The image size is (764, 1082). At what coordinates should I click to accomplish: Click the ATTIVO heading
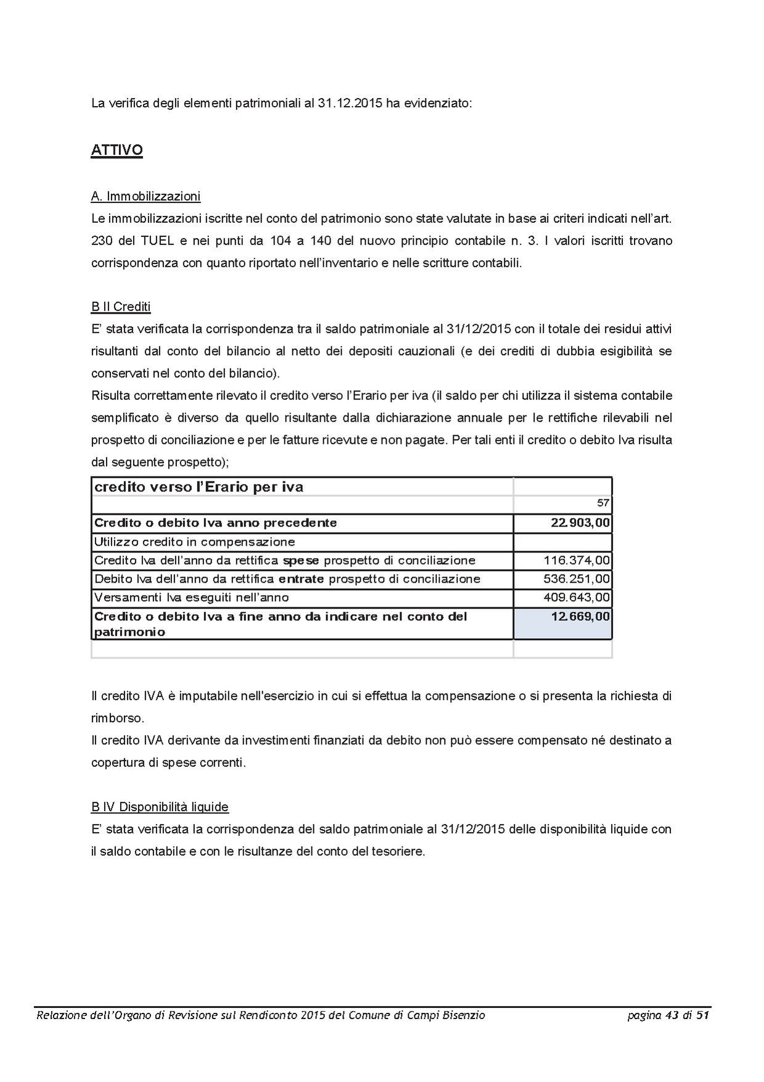tap(117, 150)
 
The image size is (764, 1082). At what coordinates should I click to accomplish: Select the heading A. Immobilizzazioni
tap(146, 196)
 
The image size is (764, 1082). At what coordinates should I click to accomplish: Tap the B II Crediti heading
tap(121, 307)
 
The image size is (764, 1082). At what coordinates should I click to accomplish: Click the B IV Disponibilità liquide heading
tap(160, 807)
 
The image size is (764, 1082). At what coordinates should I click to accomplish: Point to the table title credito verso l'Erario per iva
tap(199, 487)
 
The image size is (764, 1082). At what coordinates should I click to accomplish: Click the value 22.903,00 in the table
tap(580, 523)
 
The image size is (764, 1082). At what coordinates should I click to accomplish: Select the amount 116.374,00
tap(577, 560)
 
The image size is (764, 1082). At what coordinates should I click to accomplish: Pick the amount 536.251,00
tap(577, 579)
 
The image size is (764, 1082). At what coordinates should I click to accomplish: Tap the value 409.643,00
tap(577, 597)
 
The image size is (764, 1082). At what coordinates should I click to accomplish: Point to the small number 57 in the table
tap(603, 503)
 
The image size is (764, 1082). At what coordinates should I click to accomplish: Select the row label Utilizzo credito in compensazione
tap(194, 542)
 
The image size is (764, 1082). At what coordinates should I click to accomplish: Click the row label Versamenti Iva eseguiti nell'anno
tap(191, 597)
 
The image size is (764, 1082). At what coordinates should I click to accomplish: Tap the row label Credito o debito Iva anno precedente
tap(215, 523)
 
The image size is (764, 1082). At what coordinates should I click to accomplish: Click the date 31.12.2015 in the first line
tap(350, 103)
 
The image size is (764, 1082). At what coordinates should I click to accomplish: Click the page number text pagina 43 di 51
tap(668, 1015)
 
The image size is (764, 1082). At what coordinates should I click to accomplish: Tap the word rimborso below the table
tap(117, 718)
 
